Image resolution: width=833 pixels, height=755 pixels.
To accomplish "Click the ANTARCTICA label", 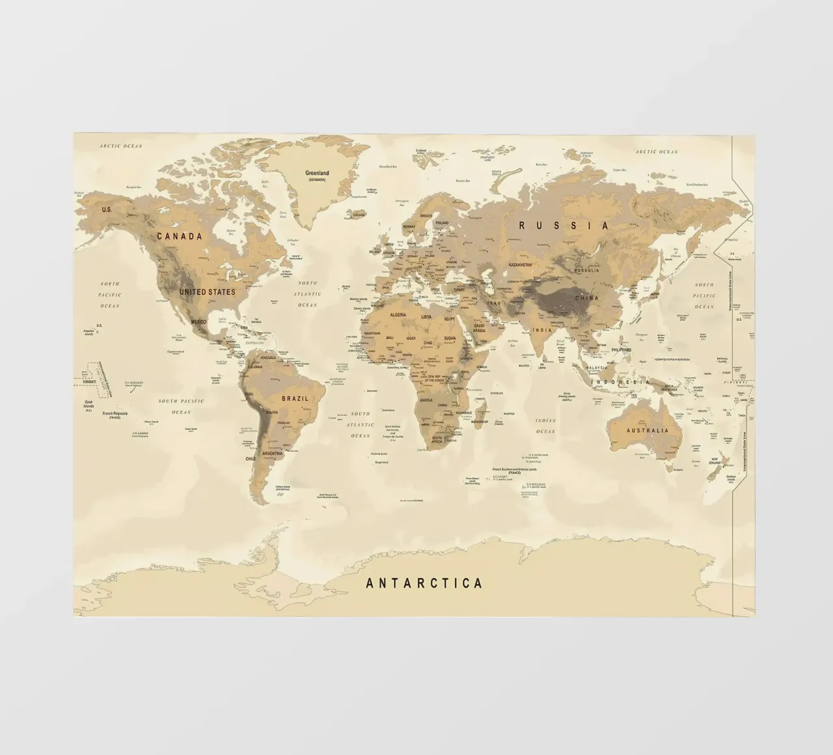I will click(x=424, y=583).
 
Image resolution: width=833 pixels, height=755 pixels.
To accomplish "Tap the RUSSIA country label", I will click(x=564, y=226).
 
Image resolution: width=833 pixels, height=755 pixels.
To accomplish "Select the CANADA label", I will click(x=180, y=236).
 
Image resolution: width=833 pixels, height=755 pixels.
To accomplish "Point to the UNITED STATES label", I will click(x=207, y=292).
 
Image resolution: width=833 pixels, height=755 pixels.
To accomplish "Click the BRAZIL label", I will click(x=294, y=398).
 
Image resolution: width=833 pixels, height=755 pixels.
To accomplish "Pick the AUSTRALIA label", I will click(x=647, y=431).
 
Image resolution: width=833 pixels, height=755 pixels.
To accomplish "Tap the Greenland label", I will click(x=317, y=174).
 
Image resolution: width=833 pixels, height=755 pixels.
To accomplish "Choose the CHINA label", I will click(x=586, y=298).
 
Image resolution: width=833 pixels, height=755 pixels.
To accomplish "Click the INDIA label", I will click(x=542, y=330).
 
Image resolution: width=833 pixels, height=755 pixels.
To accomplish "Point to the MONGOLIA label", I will click(x=586, y=269).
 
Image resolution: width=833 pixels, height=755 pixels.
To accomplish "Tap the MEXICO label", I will click(x=199, y=322).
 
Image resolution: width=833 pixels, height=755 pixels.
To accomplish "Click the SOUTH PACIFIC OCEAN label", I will click(x=181, y=406).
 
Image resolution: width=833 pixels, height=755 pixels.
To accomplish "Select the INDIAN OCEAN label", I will click(x=545, y=426).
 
